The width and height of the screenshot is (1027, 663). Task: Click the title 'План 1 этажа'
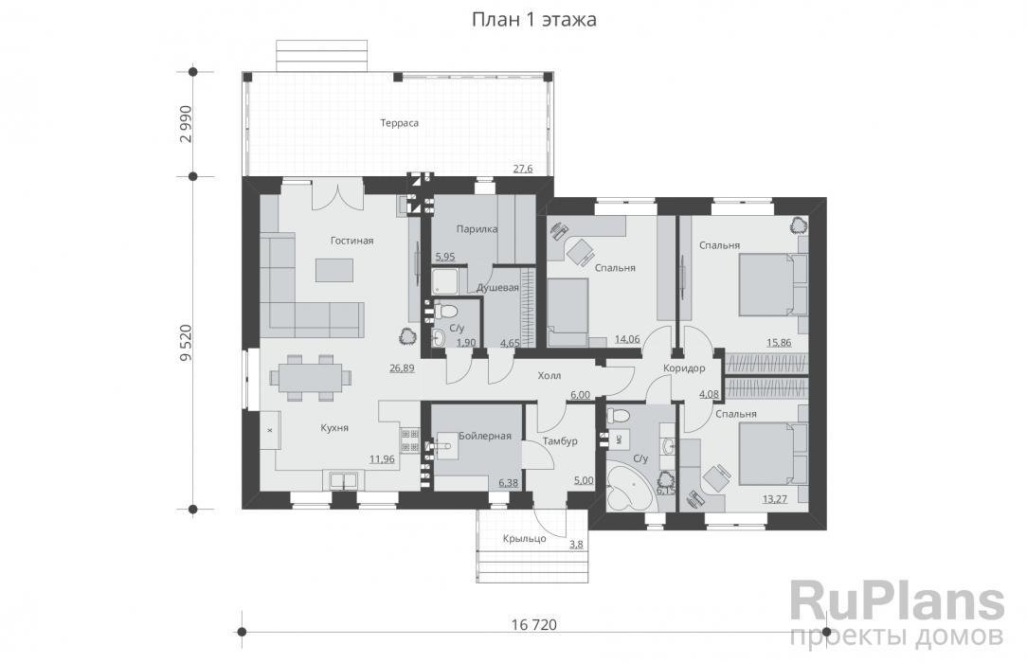pyautogui.click(x=533, y=20)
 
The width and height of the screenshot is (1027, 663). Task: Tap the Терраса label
pyautogui.click(x=400, y=123)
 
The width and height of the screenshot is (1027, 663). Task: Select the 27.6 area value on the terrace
pyautogui.click(x=523, y=169)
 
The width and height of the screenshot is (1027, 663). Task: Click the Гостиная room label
pyautogui.click(x=351, y=241)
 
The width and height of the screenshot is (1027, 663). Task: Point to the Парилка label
pyautogui.click(x=477, y=229)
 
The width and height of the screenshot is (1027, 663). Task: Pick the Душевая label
pyautogui.click(x=497, y=288)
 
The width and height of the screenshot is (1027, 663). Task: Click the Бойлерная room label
pyautogui.click(x=485, y=436)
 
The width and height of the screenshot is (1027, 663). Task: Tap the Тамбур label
pyautogui.click(x=560, y=441)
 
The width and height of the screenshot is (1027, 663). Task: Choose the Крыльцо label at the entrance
pyautogui.click(x=525, y=539)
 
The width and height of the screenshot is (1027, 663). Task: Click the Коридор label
pyautogui.click(x=684, y=368)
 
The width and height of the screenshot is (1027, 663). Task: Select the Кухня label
pyautogui.click(x=334, y=428)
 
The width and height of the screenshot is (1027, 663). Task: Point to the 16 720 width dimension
pyautogui.click(x=533, y=625)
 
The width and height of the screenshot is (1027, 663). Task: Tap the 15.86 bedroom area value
pyautogui.click(x=779, y=342)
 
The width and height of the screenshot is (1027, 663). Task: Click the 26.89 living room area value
pyautogui.click(x=402, y=367)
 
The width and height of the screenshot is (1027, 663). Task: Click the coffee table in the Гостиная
pyautogui.click(x=334, y=270)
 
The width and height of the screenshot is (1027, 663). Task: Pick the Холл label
pyautogui.click(x=549, y=376)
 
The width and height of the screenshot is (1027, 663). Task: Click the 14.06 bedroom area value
pyautogui.click(x=627, y=339)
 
